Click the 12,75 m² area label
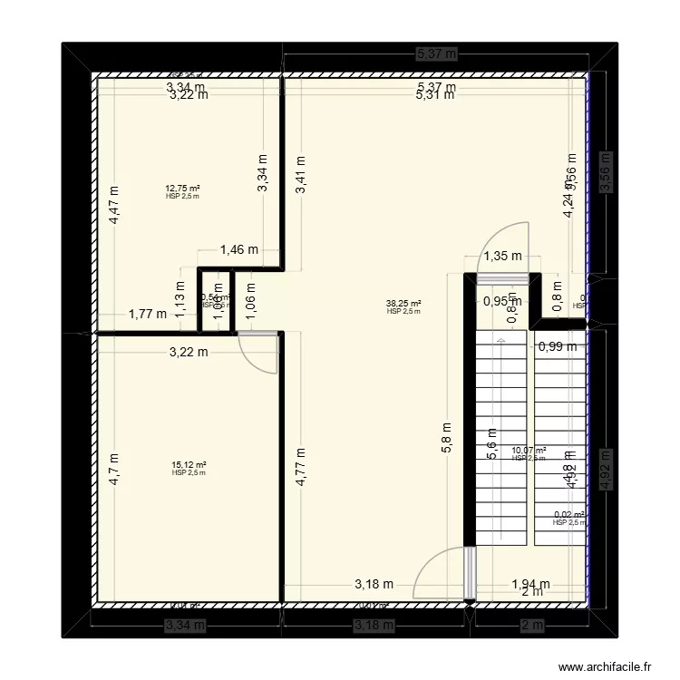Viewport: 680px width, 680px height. pyautogui.click(x=182, y=189)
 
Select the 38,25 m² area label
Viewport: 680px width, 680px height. pyautogui.click(x=403, y=305)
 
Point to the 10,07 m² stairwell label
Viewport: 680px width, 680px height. pyautogui.click(x=529, y=451)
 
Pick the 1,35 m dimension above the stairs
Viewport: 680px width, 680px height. pyautogui.click(x=501, y=256)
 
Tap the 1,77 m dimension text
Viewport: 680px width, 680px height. pyautogui.click(x=147, y=315)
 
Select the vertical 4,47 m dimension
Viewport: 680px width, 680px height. pyautogui.click(x=114, y=205)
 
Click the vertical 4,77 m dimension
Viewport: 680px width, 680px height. pyautogui.click(x=301, y=468)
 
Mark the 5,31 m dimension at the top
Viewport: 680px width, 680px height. pyautogui.click(x=435, y=94)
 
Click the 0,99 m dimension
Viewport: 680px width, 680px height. pyautogui.click(x=558, y=345)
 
